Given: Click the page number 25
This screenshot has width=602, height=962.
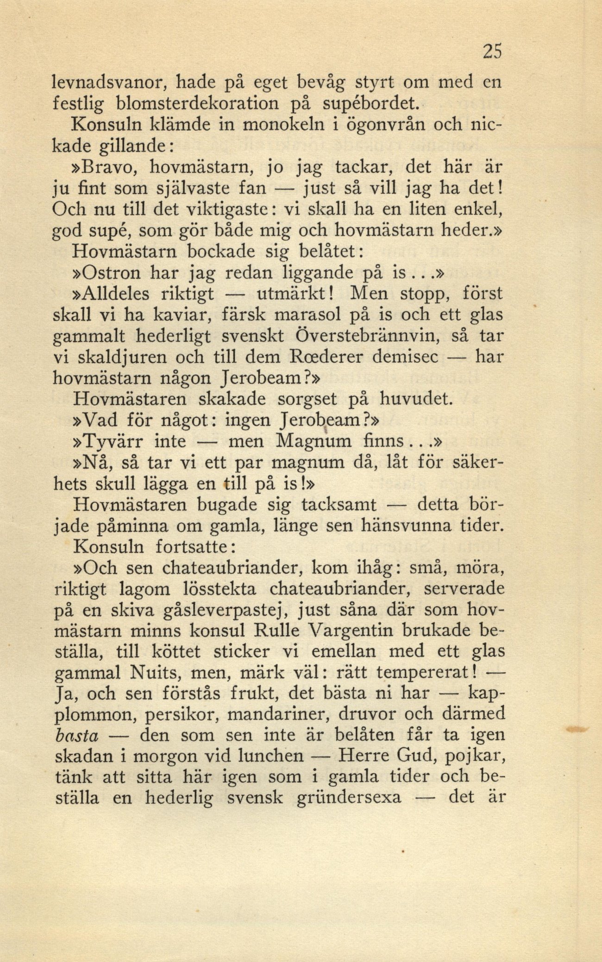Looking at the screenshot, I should tap(491, 51).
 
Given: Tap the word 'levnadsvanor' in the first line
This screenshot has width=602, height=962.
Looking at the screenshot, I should tap(114, 83).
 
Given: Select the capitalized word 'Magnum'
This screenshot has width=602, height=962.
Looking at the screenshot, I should tap(313, 441).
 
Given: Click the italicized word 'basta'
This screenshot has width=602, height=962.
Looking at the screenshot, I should tap(77, 736).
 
